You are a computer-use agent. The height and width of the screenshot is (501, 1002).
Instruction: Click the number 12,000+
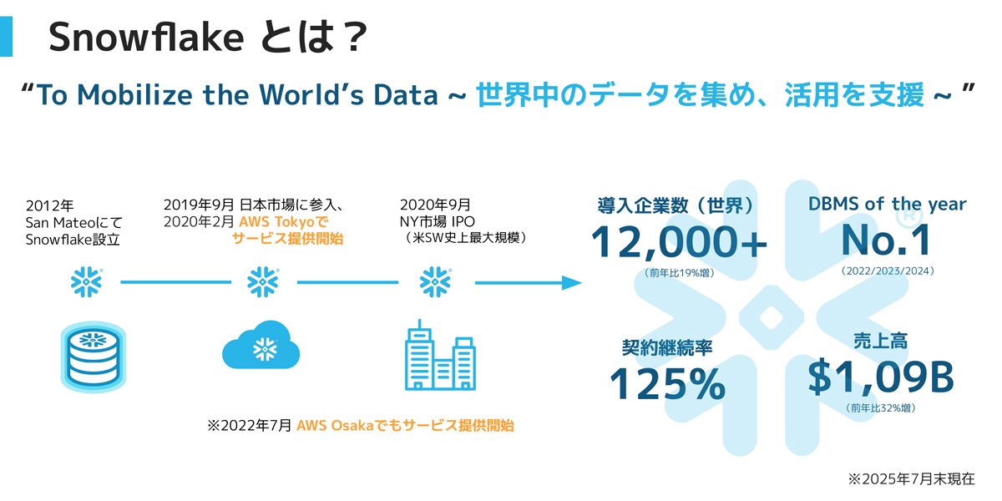(679, 242)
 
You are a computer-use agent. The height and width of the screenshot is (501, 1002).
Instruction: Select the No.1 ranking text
(886, 240)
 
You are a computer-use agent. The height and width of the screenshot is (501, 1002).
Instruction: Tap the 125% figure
(667, 383)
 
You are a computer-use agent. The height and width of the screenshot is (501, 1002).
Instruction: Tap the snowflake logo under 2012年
(86, 283)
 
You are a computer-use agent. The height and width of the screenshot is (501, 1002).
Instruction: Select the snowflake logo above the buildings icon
(435, 283)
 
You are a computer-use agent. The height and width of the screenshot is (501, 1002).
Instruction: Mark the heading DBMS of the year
(887, 204)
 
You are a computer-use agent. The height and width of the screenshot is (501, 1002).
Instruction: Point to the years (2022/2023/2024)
(888, 271)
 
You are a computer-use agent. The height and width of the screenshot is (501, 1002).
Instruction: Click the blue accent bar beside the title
(6, 38)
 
